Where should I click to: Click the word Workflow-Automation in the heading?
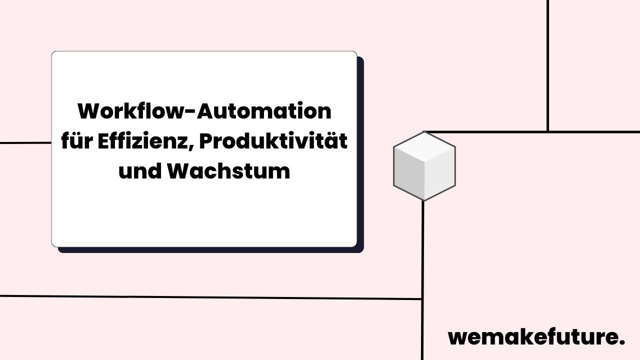click(x=204, y=111)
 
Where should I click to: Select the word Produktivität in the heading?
click(x=273, y=141)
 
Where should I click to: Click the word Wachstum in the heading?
click(x=228, y=171)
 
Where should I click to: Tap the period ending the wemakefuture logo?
click(x=622, y=342)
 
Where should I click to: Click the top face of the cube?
click(x=424, y=147)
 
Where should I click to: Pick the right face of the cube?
click(x=439, y=175)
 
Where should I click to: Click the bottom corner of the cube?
click(x=424, y=199)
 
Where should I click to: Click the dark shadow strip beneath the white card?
click(x=210, y=250)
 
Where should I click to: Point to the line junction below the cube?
click(x=423, y=299)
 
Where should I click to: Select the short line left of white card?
click(x=25, y=143)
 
